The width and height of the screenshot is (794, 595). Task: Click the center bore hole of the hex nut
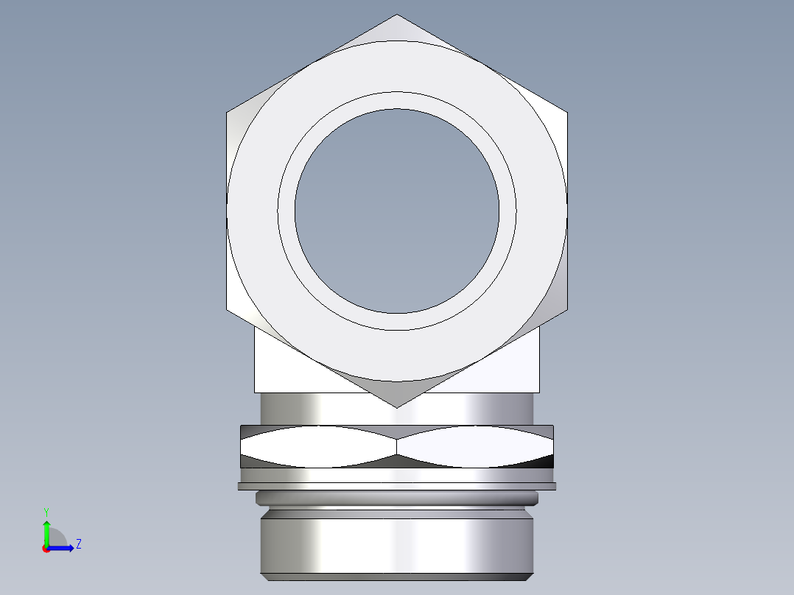(396, 211)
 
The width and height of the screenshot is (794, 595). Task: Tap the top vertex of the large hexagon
(396, 15)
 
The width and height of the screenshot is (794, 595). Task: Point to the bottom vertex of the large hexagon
(396, 407)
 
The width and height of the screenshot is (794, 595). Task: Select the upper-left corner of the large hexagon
(227, 113)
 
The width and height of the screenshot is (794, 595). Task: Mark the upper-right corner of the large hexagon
(566, 113)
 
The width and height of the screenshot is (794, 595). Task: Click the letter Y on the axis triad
(46, 510)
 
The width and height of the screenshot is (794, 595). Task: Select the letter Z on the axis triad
(78, 544)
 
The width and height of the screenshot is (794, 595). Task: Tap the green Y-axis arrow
(46, 532)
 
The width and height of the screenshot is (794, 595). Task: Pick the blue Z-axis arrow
(63, 547)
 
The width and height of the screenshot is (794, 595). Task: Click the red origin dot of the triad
(46, 548)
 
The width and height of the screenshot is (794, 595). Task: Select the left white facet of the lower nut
(317, 446)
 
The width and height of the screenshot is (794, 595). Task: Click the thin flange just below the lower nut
(396, 486)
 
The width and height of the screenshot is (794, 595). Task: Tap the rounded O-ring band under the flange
(396, 499)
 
